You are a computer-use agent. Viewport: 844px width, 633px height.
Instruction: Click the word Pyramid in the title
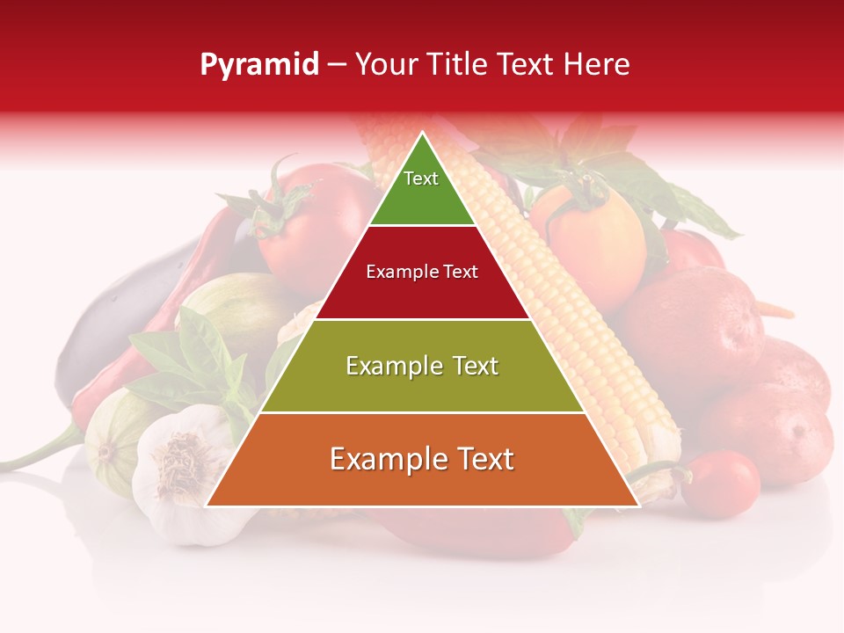coord(258,65)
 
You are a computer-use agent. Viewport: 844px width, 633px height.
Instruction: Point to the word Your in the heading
coord(385,65)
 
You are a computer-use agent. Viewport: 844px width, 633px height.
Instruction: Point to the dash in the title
coord(336,65)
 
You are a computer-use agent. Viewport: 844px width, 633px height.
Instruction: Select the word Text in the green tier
coord(420,178)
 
